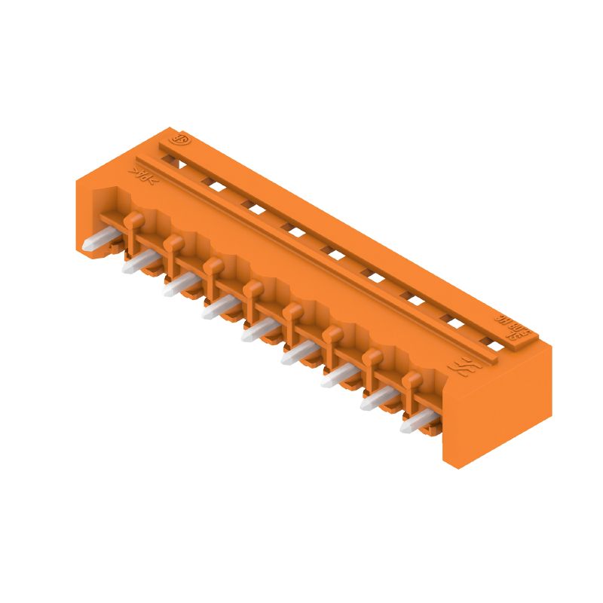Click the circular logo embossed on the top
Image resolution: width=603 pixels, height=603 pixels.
click(x=182, y=140)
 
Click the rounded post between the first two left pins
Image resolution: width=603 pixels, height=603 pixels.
click(x=133, y=221)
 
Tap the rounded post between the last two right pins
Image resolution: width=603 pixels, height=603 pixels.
click(x=411, y=379)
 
